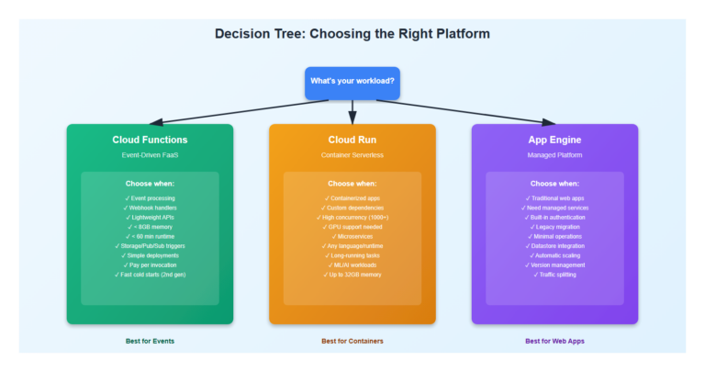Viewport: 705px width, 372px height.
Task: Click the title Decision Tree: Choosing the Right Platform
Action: (x=352, y=34)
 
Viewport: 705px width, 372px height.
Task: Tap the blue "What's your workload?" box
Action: (x=352, y=82)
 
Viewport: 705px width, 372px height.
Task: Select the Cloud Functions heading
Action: (x=150, y=140)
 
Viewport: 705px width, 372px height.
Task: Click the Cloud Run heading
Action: (x=352, y=140)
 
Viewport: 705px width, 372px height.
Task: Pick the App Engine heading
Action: (x=554, y=140)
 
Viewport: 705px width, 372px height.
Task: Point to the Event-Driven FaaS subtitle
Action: (x=150, y=155)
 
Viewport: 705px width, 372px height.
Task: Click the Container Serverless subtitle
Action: (x=352, y=155)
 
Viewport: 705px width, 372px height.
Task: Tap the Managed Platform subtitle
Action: (x=554, y=155)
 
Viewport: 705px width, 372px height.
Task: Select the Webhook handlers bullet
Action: (x=150, y=209)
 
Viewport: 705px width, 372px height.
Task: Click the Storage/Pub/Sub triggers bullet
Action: (x=150, y=246)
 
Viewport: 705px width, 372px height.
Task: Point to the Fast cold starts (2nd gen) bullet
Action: (x=150, y=275)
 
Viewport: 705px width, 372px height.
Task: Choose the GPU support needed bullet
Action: (x=352, y=226)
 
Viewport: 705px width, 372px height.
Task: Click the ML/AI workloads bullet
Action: (x=352, y=265)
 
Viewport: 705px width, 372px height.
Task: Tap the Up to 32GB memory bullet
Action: (x=352, y=275)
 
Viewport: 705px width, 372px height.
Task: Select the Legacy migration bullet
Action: (x=554, y=226)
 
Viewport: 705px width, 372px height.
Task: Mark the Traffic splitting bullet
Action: (x=554, y=275)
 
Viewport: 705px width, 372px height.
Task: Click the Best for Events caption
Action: (x=150, y=341)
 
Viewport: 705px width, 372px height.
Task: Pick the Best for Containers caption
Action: (x=352, y=341)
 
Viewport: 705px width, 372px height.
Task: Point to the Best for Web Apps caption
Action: (x=554, y=341)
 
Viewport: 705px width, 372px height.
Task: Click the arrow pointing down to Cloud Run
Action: (x=352, y=113)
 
